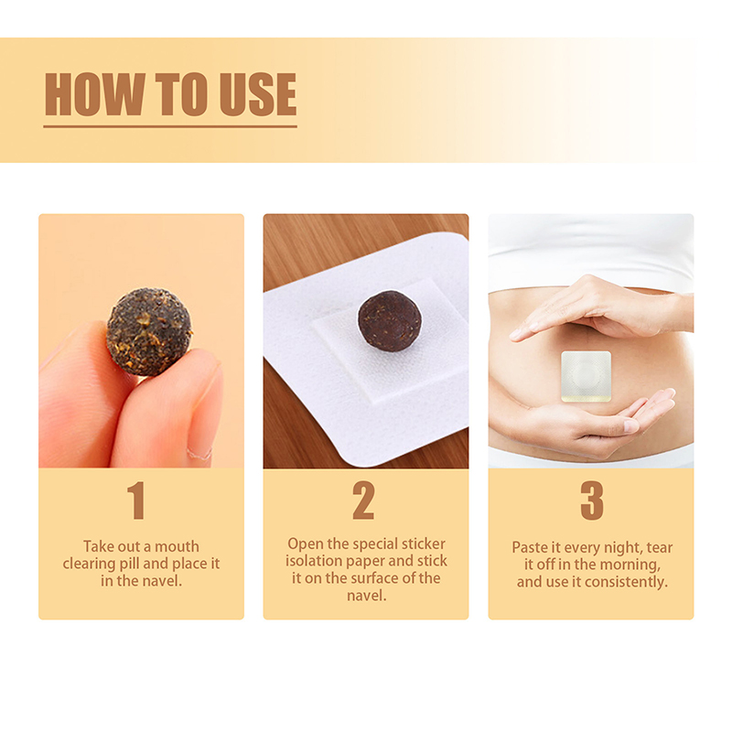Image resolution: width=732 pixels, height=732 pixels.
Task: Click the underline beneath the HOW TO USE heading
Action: tap(170, 126)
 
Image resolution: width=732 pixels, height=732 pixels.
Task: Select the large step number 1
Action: tap(135, 501)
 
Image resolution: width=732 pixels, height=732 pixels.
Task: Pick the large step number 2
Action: tap(363, 501)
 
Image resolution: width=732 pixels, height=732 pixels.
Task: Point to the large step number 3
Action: tap(592, 501)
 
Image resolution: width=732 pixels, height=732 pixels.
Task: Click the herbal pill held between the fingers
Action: tap(149, 331)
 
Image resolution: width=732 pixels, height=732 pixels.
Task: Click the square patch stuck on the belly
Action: tap(586, 376)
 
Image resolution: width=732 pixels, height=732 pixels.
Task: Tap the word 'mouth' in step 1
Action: tap(177, 546)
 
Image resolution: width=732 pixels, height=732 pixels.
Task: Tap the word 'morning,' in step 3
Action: tap(630, 565)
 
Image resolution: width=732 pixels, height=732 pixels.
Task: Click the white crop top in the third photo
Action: tap(591, 253)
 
